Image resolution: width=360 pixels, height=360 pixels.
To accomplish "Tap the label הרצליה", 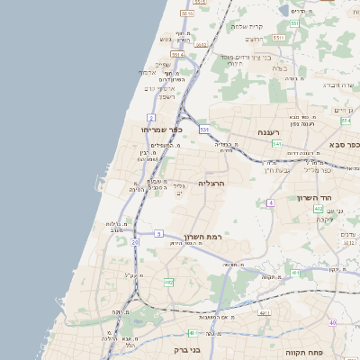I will coord(210,183).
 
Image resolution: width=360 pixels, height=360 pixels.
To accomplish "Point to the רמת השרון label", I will coord(202,237).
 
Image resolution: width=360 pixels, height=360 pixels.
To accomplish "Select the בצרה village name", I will coord(279,68).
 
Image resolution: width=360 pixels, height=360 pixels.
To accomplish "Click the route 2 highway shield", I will coord(152,118).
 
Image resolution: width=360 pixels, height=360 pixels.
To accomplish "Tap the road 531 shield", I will coord(205,130).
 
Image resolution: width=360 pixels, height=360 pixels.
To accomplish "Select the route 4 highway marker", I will coord(270,202).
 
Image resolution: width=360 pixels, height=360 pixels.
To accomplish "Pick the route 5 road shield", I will coord(158,234).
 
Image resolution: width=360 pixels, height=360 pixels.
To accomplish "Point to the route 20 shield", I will coord(135,242).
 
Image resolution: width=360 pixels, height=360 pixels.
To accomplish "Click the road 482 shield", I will coord(168,283).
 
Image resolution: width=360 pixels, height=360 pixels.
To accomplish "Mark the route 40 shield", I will coord(332,322).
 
